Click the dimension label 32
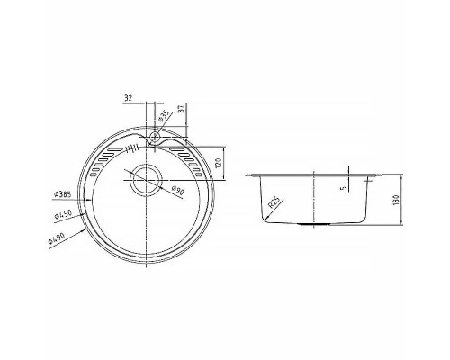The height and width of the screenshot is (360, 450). (128, 98)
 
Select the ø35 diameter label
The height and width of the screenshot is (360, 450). (164, 116)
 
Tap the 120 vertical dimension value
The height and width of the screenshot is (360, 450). (219, 163)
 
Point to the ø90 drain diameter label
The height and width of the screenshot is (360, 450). (178, 191)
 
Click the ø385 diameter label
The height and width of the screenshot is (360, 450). (62, 194)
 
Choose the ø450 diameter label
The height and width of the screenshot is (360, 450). (63, 215)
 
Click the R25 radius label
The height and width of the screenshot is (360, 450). (275, 203)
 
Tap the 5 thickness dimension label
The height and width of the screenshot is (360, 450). (344, 188)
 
